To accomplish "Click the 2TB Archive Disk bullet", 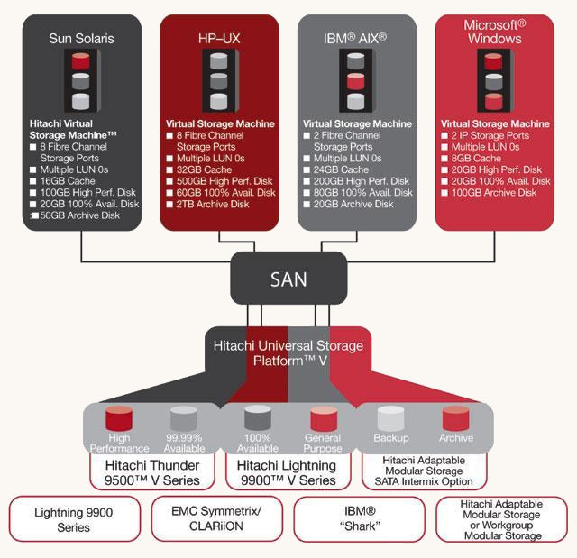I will pos(212,205).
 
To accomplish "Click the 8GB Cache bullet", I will pos(477,158).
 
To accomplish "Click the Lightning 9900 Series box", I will pos(74,518).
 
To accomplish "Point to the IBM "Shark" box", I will pos(359,518).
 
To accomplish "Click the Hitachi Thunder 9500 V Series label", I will pos(150,472).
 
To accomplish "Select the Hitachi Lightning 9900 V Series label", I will pos(286,472).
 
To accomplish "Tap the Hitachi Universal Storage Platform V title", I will pos(288,352).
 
